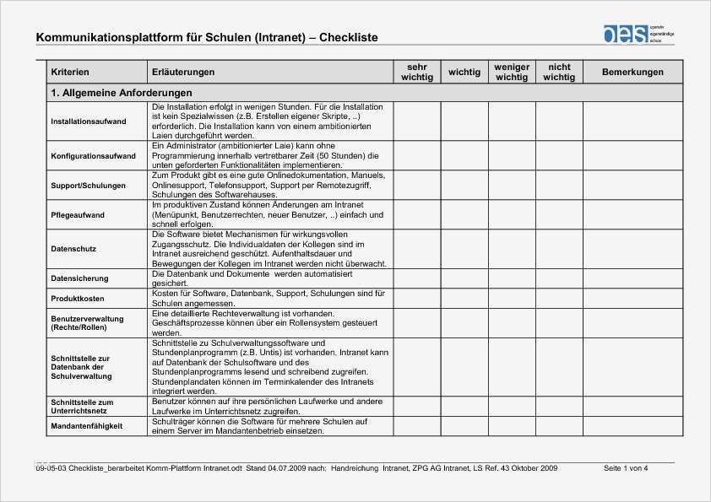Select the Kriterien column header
coord(70,73)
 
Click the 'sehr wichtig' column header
coord(417,73)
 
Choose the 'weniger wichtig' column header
coord(512,73)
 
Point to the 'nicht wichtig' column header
coord(559,73)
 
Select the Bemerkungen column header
coord(632,73)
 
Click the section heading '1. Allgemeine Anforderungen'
coord(122,93)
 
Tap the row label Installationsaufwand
coord(89,121)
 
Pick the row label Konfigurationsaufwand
coord(93,156)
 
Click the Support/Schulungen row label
coord(88,185)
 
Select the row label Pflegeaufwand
coord(78,215)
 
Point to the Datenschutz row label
coord(73,249)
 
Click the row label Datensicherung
coord(79,278)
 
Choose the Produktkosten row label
coord(78,299)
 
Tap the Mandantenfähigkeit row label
coord(86,426)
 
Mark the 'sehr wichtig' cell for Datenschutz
coord(417,249)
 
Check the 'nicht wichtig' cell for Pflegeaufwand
coord(559,215)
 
